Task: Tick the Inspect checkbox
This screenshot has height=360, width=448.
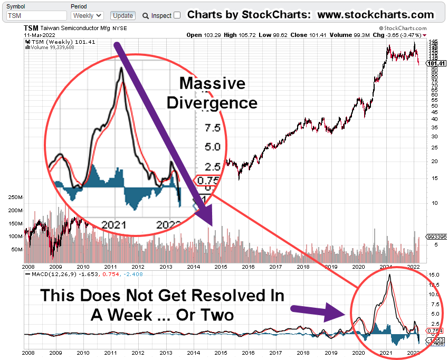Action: [x=177, y=15]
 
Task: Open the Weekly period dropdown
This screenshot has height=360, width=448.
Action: [x=87, y=16]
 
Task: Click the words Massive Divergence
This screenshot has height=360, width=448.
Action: [x=212, y=92]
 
